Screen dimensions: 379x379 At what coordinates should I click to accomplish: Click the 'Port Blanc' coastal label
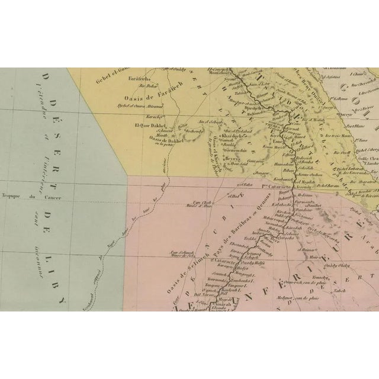point(355,126)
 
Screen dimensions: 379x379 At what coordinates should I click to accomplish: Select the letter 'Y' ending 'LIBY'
point(61,301)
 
